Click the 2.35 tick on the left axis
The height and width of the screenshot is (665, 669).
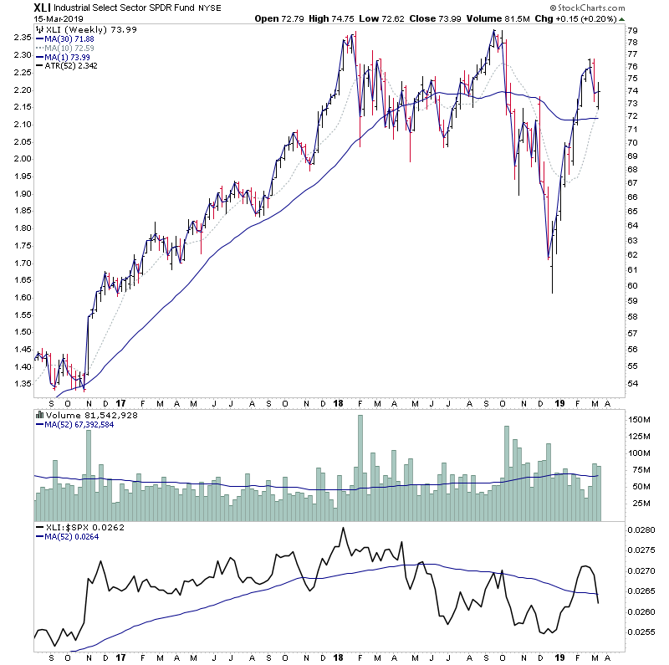(20, 38)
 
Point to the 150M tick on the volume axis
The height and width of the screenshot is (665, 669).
(639, 420)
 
